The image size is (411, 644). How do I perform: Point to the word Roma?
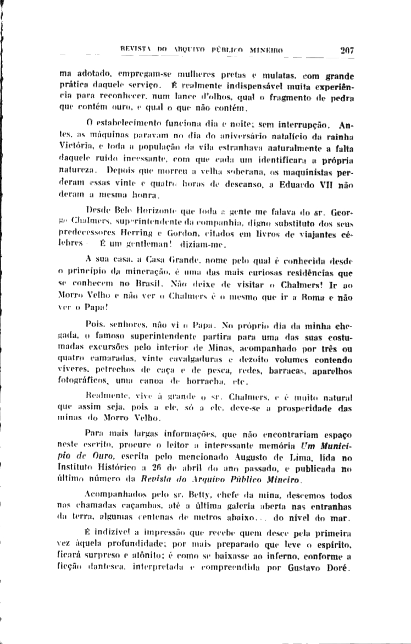[x=315, y=297]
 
